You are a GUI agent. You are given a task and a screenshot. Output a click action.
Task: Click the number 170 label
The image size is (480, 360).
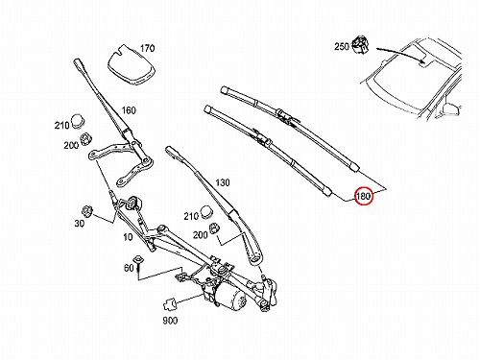pyautogui.click(x=147, y=48)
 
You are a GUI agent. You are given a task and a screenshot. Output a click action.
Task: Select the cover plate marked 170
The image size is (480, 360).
pyautogui.click(x=131, y=64)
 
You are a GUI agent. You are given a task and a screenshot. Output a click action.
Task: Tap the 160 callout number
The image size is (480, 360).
pyautogui.click(x=129, y=110)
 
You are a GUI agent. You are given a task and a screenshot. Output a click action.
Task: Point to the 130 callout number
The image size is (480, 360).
pyautogui.click(x=223, y=182)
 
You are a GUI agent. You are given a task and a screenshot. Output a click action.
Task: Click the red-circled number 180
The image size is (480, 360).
pyautogui.click(x=363, y=196)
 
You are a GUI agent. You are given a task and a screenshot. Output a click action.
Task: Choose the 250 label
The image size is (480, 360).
pyautogui.click(x=342, y=47)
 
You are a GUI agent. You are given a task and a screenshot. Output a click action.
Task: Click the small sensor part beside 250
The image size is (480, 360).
pyautogui.click(x=360, y=44)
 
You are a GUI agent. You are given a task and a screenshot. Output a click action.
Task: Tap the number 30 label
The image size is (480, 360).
pyautogui.click(x=79, y=223)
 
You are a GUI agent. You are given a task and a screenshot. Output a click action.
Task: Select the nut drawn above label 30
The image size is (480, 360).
pyautogui.click(x=86, y=211)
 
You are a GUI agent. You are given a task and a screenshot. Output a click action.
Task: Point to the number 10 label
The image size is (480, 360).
pyautogui.click(x=128, y=237)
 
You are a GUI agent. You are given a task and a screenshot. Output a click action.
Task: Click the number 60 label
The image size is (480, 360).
pyautogui.click(x=129, y=267)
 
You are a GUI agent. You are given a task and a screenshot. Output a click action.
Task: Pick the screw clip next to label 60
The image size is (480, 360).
pyautogui.click(x=138, y=263)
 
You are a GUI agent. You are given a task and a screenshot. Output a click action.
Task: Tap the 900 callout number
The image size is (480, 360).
pyautogui.click(x=170, y=321)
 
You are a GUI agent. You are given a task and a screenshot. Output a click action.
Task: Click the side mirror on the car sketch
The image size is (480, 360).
pyautogui.click(x=451, y=109)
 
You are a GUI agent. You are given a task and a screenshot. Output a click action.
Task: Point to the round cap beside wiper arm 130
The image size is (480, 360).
pyautogui.click(x=206, y=212)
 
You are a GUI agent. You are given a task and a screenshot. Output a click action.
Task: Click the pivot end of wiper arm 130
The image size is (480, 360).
pyautogui.click(x=255, y=257)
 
